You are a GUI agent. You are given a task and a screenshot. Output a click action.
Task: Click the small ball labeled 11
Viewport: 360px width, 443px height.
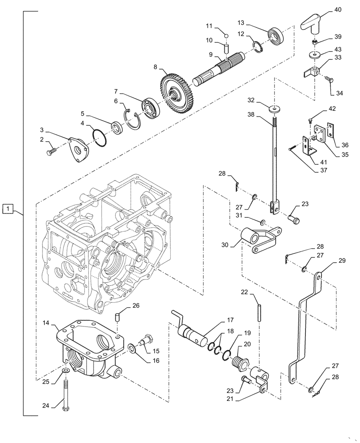225,36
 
